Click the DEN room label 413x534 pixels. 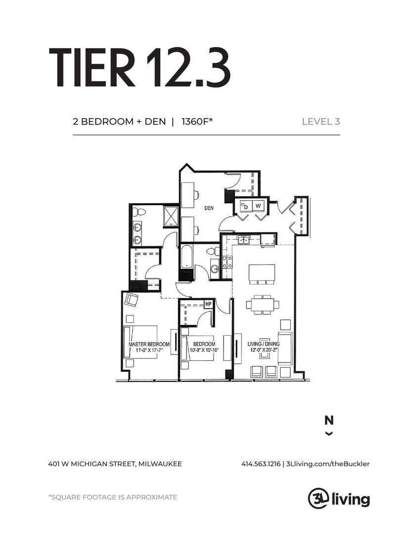click(209, 208)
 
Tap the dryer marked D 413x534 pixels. click(246, 206)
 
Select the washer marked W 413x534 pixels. click(258, 206)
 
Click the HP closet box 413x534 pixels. click(208, 304)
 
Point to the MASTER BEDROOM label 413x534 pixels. click(149, 344)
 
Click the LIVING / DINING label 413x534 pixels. click(264, 344)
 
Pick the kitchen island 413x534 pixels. click(262, 272)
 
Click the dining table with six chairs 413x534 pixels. click(263, 305)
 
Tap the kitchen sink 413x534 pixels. click(243, 240)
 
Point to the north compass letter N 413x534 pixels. click(329, 421)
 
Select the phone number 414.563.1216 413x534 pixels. click(261, 464)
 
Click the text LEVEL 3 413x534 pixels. click(321, 122)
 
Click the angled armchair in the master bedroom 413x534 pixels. click(132, 300)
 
